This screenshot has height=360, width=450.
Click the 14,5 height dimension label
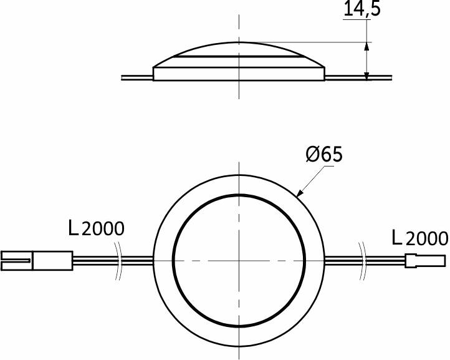click(361, 8)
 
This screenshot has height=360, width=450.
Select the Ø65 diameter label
click(324, 154)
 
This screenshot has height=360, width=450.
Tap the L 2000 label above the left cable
click(96, 228)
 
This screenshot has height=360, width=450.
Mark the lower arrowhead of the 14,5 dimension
click(366, 76)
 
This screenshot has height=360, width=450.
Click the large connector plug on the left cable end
click(37, 261)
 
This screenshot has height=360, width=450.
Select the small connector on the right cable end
click(425, 261)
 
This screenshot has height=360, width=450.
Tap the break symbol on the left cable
click(118, 261)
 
